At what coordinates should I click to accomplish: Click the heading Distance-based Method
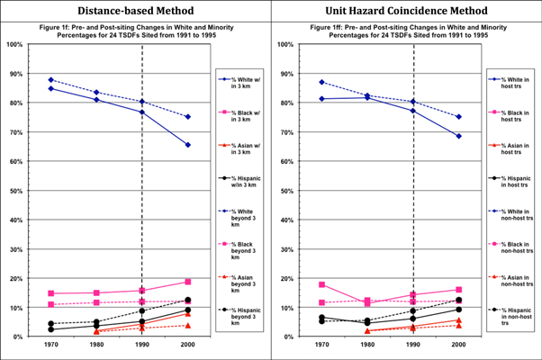pos(135,10)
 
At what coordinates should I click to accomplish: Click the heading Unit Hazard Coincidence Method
pos(406,10)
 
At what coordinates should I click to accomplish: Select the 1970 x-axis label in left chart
pos(51,346)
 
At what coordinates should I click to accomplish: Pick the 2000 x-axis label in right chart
pos(459,346)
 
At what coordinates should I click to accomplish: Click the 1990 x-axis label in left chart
pos(142,346)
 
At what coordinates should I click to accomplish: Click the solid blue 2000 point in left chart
pos(187,145)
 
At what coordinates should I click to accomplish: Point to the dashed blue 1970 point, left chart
pos(51,80)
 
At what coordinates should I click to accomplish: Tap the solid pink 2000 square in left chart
pos(187,282)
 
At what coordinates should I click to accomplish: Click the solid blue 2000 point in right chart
pos(459,136)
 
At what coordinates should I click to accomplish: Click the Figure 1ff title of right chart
pos(406,31)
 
